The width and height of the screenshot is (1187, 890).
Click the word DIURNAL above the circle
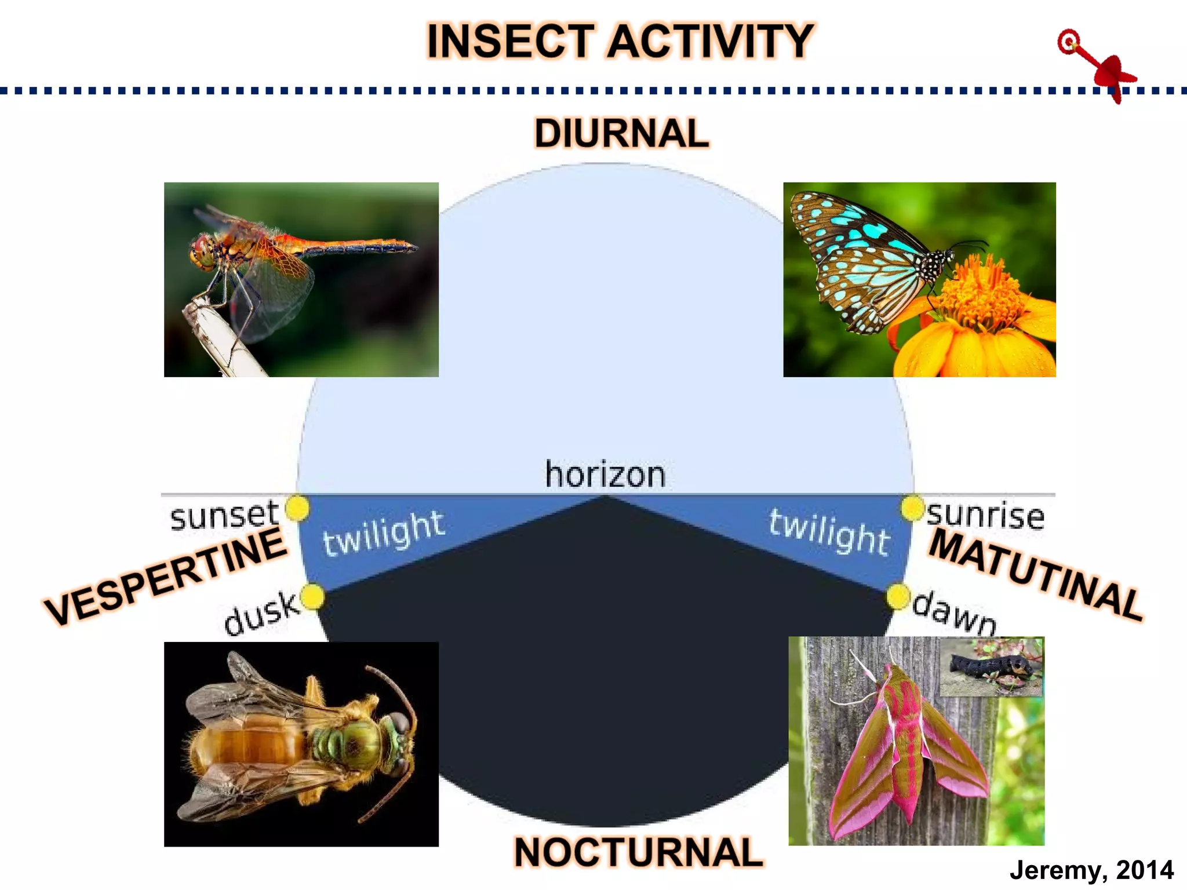point(621,133)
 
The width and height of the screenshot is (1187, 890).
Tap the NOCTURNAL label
point(638,852)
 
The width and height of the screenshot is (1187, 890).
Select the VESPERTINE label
point(166,576)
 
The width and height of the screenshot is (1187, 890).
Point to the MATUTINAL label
point(1036,574)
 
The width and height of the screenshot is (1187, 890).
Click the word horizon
point(605,475)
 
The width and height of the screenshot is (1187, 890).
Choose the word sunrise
point(985,515)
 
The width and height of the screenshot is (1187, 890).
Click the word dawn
point(954,614)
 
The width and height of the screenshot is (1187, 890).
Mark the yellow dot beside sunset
point(297,508)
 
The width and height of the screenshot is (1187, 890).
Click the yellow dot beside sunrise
point(912,508)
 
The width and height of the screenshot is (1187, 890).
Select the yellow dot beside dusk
point(313,597)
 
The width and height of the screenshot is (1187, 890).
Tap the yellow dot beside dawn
point(898,597)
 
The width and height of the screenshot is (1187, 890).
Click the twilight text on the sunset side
point(384,533)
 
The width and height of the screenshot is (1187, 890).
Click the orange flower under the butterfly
point(974,313)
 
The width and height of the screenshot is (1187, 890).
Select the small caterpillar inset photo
point(991,667)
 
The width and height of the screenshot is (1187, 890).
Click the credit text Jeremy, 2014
point(1091,870)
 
